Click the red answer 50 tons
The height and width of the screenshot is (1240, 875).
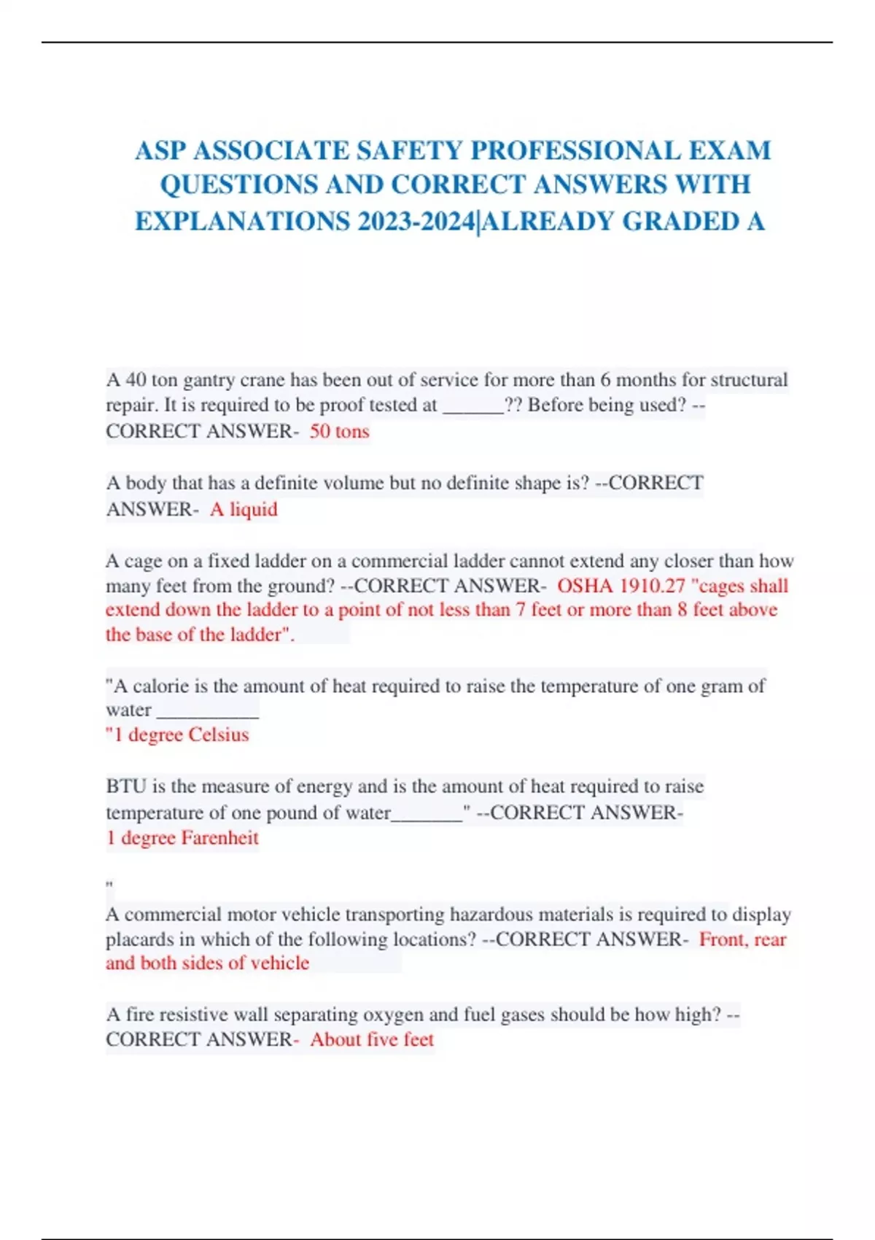[339, 431]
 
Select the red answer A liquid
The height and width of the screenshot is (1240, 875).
[244, 509]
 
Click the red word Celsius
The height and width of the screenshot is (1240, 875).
[218, 735]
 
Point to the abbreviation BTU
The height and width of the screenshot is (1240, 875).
[126, 786]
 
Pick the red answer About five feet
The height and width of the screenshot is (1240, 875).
[372, 1039]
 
